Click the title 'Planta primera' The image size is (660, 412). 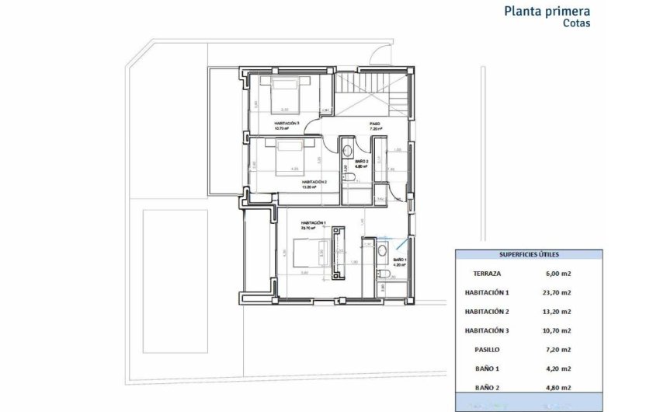(x=547, y=11)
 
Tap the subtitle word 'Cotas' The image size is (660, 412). (x=576, y=24)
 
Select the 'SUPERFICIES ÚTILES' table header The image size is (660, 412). (x=528, y=254)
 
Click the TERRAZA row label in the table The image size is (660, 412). (x=486, y=274)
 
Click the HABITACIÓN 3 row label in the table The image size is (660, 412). (x=486, y=330)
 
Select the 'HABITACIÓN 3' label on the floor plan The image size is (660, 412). (x=287, y=123)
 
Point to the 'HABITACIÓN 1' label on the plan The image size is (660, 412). (x=310, y=222)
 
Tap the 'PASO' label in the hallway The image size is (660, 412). (x=375, y=124)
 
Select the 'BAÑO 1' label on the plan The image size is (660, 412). (x=399, y=260)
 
